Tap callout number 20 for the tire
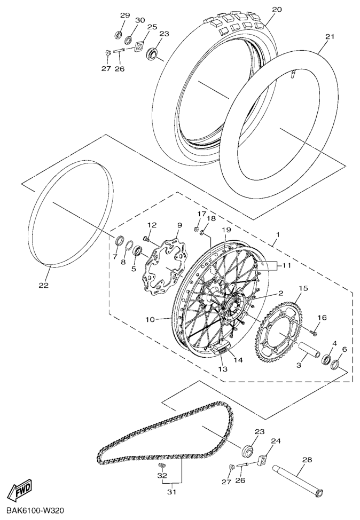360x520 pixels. (277, 10)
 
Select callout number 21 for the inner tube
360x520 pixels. (330, 37)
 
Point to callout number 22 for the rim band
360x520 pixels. (44, 285)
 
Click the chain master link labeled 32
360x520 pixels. (162, 466)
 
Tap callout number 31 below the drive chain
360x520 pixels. (171, 492)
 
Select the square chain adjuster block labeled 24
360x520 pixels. (263, 460)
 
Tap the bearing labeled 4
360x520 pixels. (326, 359)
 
